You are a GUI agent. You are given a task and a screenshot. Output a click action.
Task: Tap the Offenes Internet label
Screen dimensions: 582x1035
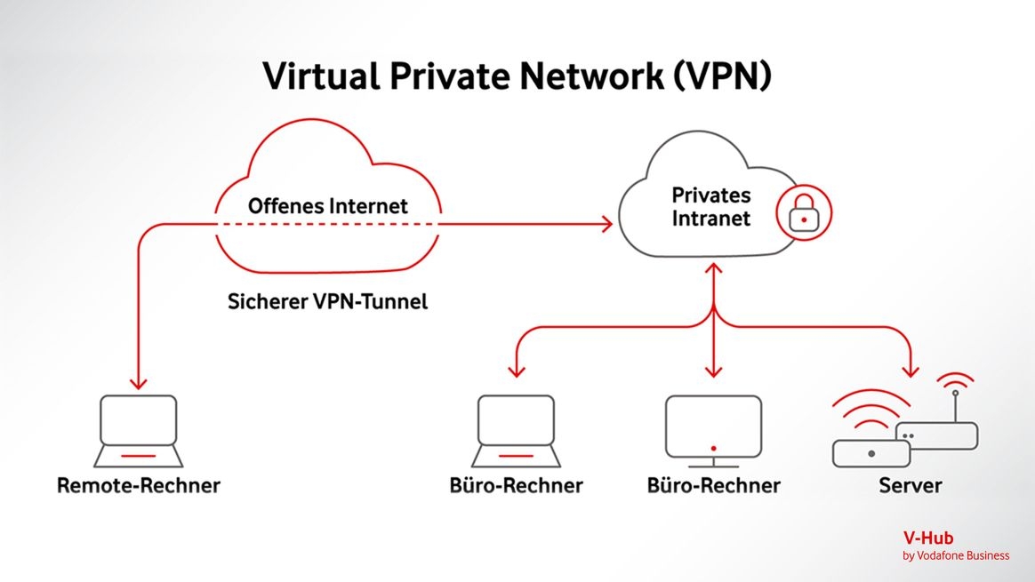(x=327, y=206)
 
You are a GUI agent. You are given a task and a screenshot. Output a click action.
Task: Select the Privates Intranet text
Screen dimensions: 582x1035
(x=710, y=206)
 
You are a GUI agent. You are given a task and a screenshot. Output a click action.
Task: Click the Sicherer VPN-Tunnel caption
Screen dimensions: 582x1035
(x=327, y=302)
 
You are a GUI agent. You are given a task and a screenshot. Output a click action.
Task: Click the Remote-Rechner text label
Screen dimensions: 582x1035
(x=139, y=486)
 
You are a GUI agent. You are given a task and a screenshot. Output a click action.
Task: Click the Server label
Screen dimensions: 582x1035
(x=910, y=486)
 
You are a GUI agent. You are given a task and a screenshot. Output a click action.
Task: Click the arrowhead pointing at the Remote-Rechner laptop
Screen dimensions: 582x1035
(x=137, y=383)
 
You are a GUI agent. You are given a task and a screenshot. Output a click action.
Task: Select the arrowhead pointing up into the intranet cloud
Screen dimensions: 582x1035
(x=713, y=269)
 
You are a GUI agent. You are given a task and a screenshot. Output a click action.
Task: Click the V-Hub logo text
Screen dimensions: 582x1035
(x=927, y=538)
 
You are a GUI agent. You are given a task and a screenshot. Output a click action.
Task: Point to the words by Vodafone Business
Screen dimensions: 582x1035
(x=956, y=556)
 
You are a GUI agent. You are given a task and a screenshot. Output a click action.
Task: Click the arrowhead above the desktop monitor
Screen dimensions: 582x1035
(x=713, y=370)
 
